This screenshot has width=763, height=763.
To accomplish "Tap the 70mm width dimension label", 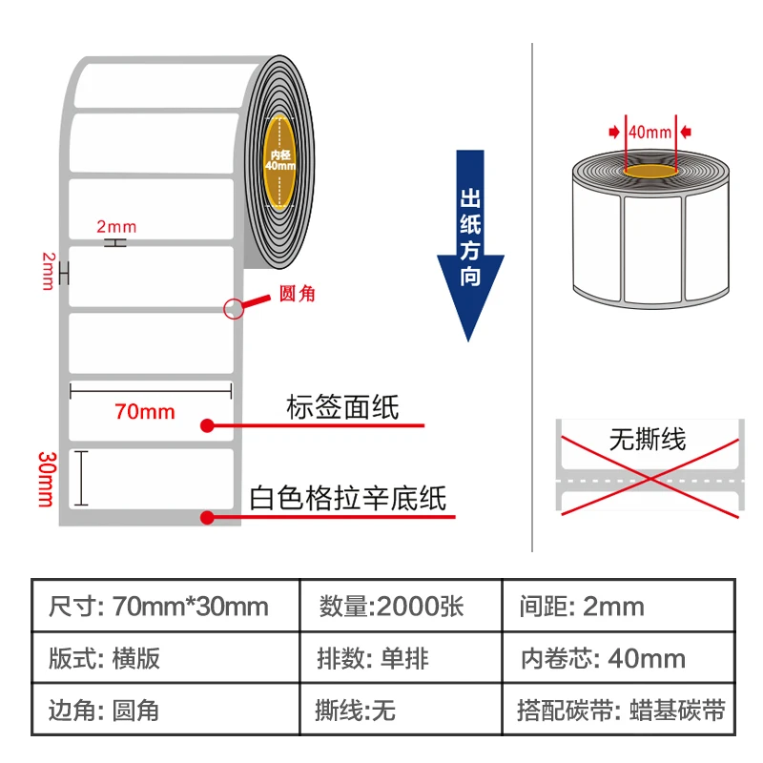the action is tap(145, 411).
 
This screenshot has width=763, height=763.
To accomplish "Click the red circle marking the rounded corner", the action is tap(233, 308).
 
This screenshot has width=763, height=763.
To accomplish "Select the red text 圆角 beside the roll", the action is tap(296, 295).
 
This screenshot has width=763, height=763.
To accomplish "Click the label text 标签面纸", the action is tap(342, 407).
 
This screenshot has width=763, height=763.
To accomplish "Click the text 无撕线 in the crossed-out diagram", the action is tap(648, 440).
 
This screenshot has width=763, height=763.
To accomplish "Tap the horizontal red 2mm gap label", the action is tap(116, 227).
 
